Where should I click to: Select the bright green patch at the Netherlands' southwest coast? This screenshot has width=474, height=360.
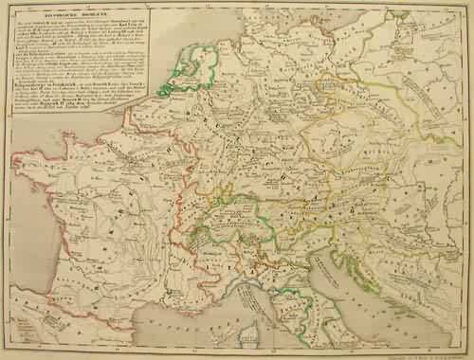coord(166,91)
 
